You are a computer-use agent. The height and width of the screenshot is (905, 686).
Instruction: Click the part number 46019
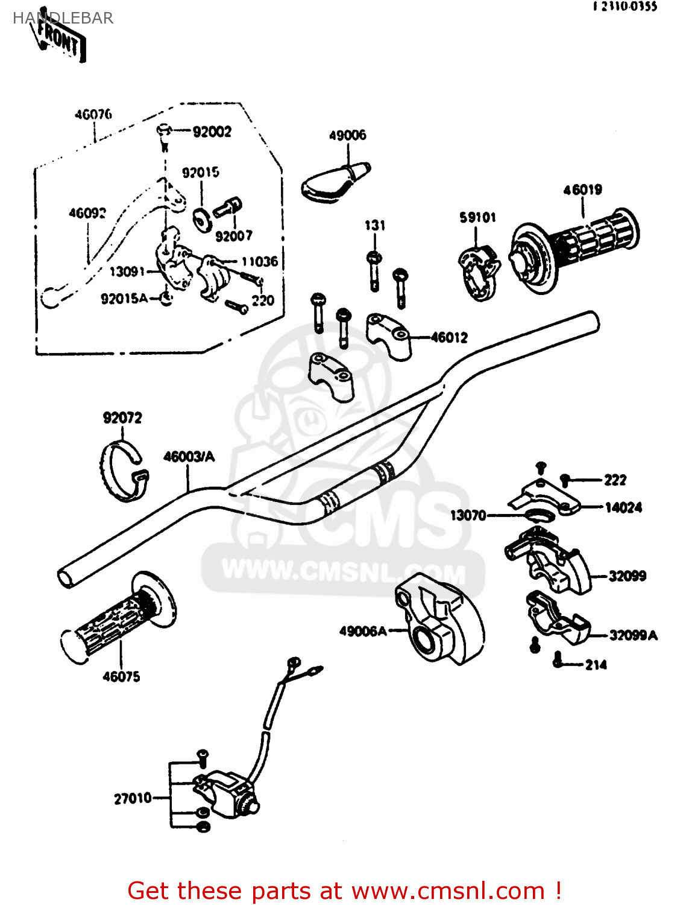(582, 190)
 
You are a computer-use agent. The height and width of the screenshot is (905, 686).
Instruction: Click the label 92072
(122, 418)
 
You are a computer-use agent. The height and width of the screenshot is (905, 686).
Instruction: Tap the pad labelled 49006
(333, 181)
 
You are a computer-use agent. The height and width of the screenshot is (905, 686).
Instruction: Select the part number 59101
(477, 217)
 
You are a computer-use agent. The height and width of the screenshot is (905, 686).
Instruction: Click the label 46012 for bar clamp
(449, 338)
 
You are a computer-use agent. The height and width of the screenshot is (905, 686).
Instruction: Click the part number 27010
(133, 798)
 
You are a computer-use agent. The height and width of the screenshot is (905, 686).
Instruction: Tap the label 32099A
(633, 635)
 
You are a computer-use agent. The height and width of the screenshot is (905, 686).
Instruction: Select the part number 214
(596, 665)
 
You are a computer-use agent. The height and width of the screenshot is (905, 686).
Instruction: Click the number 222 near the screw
(615, 480)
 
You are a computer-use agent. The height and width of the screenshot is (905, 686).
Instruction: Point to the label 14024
(623, 507)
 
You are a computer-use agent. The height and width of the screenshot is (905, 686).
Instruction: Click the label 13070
(468, 515)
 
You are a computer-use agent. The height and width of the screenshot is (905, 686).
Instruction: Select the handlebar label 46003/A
(189, 457)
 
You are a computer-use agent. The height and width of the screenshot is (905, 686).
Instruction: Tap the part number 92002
(212, 132)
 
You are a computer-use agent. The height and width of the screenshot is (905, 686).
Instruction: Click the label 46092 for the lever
(87, 213)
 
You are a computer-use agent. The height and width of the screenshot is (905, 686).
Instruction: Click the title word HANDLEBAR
(63, 18)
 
